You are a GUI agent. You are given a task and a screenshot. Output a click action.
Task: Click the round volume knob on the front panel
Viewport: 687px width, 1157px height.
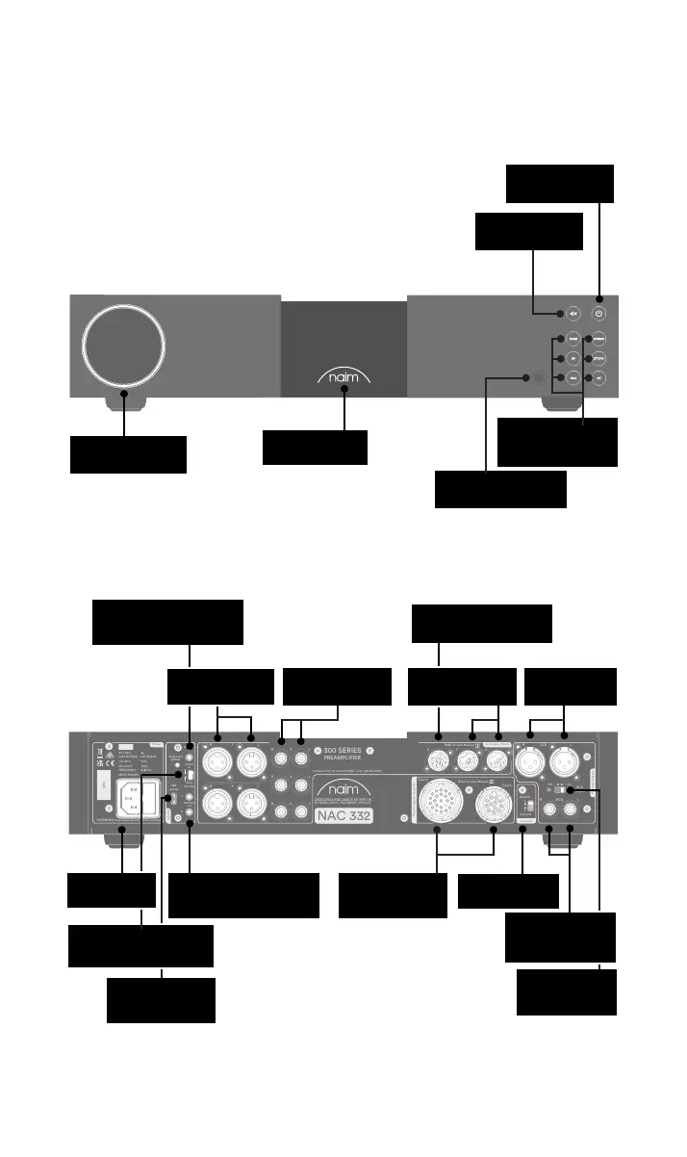(x=122, y=345)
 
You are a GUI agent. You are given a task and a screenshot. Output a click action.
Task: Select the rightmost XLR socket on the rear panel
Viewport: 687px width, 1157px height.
(x=565, y=768)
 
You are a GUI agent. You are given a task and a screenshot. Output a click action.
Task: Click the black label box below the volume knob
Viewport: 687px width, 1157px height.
(x=128, y=454)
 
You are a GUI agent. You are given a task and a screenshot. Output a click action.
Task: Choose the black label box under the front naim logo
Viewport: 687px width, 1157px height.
(x=315, y=448)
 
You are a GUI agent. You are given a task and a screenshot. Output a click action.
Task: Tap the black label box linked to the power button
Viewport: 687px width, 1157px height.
(x=560, y=184)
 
